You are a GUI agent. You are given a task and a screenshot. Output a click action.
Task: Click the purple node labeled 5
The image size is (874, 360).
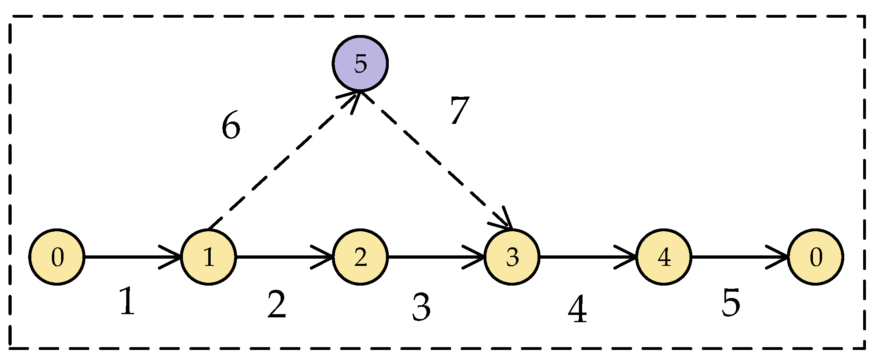(x=360, y=64)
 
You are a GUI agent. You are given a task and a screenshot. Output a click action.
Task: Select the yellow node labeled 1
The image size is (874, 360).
(x=209, y=257)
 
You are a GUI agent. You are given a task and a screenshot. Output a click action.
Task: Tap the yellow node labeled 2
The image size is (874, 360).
(x=360, y=257)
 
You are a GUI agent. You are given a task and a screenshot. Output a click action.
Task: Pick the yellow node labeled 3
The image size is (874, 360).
(x=512, y=257)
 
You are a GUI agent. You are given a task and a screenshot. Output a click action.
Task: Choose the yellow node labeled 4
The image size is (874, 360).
(x=664, y=257)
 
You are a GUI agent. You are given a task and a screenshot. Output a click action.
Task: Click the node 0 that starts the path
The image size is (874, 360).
(x=57, y=257)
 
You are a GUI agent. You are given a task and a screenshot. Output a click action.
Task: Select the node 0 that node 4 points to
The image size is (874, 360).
(x=815, y=257)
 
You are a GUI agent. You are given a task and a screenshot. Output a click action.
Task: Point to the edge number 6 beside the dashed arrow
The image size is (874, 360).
(x=231, y=125)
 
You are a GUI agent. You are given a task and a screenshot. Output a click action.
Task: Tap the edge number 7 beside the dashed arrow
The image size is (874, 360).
(x=459, y=110)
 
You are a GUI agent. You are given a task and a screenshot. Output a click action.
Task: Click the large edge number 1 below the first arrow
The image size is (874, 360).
(x=127, y=302)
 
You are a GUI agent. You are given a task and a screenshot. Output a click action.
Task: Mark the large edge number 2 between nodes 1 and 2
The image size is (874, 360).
(x=277, y=305)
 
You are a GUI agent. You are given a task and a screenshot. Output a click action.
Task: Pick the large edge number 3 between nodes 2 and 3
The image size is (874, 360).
(x=421, y=308)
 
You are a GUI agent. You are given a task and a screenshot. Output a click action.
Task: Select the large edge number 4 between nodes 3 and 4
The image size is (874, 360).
(x=577, y=310)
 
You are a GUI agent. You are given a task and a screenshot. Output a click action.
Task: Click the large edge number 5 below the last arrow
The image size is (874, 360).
(x=730, y=303)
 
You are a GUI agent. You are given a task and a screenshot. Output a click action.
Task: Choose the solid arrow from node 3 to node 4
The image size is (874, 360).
(x=587, y=257)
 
